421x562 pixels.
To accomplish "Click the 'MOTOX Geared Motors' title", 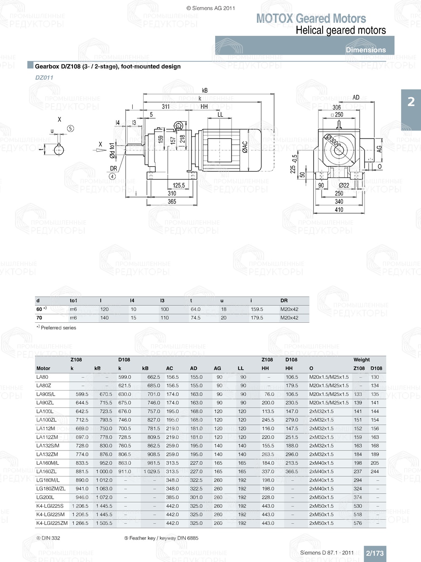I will pyautogui.click(x=311, y=19).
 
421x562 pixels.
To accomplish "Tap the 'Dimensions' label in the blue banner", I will pyautogui.click(x=365, y=50).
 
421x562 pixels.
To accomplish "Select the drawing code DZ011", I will pyautogui.click(x=44, y=78).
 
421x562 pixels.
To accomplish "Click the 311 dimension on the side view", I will pyautogui.click(x=166, y=107).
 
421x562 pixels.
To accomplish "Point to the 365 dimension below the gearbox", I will pyautogui.click(x=172, y=201).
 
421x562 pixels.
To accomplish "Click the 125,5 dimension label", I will pyautogui.click(x=179, y=185).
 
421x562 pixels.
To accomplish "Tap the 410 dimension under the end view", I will pyautogui.click(x=339, y=209).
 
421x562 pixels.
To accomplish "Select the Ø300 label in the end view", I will pyautogui.click(x=333, y=140).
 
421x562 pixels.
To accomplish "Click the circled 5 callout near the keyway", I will pyautogui.click(x=70, y=128).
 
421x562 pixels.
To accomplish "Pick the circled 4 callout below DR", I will pyautogui.click(x=112, y=177).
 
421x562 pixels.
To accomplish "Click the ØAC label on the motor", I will pyautogui.click(x=245, y=147).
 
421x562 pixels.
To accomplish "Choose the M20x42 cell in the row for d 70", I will pyautogui.click(x=289, y=318).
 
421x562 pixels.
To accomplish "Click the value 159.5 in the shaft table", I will pyautogui.click(x=257, y=309).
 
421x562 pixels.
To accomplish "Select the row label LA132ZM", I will pyautogui.click(x=47, y=455).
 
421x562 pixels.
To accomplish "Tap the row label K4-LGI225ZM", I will pyautogui.click(x=52, y=523).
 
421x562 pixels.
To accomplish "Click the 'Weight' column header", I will pyautogui.click(x=362, y=360).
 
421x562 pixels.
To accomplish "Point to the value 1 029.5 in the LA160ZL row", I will pyautogui.click(x=152, y=472).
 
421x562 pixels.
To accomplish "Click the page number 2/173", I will pyautogui.click(x=375, y=553).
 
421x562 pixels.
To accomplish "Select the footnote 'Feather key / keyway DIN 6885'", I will pyautogui.click(x=161, y=538).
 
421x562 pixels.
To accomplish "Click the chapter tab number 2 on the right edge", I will pyautogui.click(x=411, y=102).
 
